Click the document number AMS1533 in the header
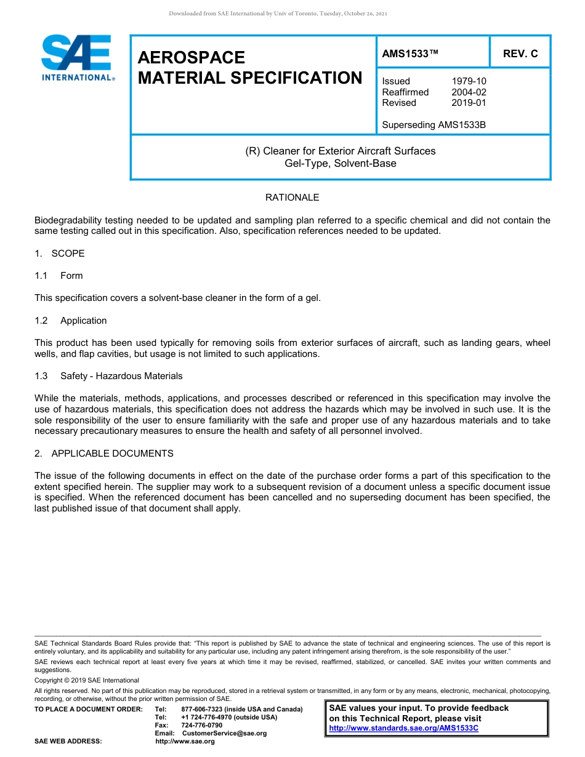[410, 54]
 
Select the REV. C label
[520, 54]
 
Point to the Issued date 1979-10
[469, 81]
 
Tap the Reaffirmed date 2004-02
[469, 92]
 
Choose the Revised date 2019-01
[469, 103]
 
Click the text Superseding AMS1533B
[434, 125]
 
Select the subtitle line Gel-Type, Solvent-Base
[340, 164]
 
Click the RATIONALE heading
[292, 198]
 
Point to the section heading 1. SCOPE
[60, 254]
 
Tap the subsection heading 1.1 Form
[58, 276]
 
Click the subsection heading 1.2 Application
[71, 321]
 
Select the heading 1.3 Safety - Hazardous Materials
[108, 376]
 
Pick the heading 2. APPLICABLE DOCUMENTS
[104, 454]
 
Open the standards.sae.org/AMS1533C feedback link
[403, 728]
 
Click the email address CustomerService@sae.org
[224, 734]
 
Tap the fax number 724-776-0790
[201, 726]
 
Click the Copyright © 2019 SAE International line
[87, 680]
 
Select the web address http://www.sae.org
[185, 742]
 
